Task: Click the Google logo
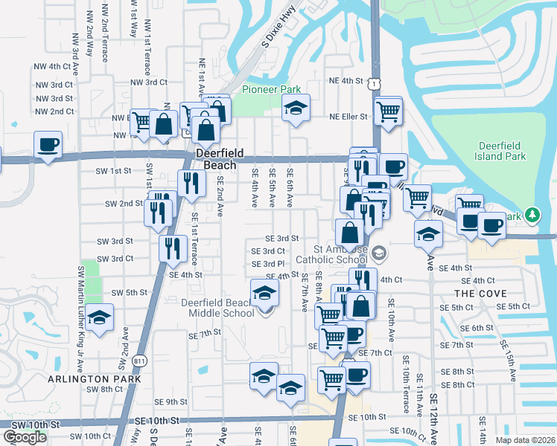[24, 437]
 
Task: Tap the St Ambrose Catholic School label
[331, 254]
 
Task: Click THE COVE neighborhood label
[474, 294]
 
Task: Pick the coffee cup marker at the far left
[48, 144]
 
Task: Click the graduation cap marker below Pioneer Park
[296, 109]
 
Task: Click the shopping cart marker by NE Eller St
[388, 111]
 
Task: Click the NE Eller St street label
[349, 117]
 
